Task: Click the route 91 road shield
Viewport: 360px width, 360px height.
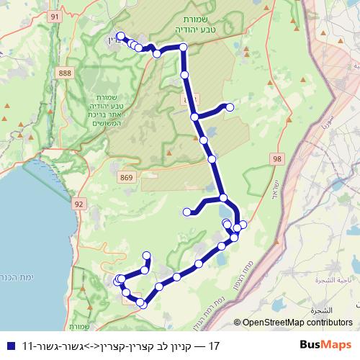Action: [55, 14]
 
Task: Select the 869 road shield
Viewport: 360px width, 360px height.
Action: [127, 176]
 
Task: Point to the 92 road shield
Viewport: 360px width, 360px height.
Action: [79, 204]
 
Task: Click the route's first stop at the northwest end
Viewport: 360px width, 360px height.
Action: [120, 37]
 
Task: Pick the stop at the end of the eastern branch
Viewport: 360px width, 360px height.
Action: [230, 107]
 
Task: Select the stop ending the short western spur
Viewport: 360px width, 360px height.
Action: [187, 212]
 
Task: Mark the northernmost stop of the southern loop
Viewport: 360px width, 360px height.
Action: [147, 255]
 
